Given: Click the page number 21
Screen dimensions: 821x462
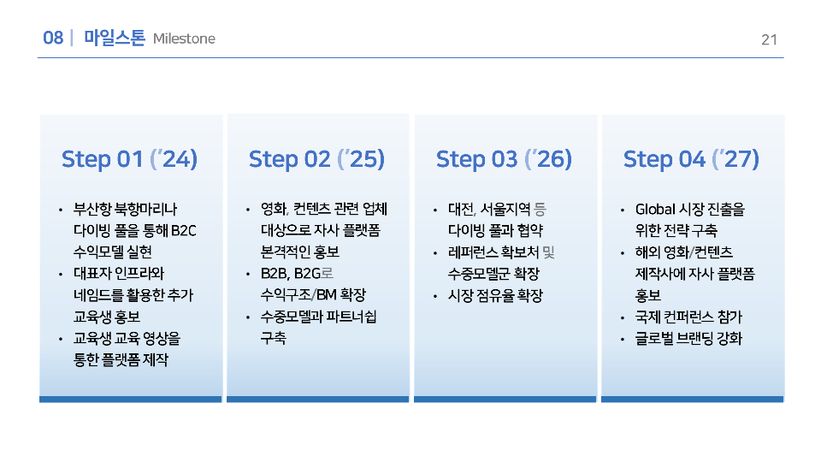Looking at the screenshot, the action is (769, 40).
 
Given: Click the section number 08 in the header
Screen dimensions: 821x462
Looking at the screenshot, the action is (53, 38).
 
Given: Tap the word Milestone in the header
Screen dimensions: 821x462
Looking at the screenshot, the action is (184, 38).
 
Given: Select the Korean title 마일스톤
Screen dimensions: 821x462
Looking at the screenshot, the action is (114, 38).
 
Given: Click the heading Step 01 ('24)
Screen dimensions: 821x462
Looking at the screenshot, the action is (129, 159).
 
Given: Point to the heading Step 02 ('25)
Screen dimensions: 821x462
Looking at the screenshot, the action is (316, 159).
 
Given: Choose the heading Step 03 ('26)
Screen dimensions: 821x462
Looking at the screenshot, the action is (505, 159).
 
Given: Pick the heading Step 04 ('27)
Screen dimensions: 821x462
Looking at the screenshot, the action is (691, 159).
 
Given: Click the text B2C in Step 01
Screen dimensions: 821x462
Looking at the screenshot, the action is (183, 230).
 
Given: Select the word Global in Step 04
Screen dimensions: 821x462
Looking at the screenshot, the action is (655, 209).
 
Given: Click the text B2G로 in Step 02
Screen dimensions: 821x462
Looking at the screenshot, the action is (314, 274).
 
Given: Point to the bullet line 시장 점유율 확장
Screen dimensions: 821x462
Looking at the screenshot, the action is (495, 295).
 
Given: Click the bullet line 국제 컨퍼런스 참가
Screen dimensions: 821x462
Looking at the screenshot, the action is (688, 317).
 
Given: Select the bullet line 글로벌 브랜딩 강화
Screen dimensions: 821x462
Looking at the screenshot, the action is (688, 339).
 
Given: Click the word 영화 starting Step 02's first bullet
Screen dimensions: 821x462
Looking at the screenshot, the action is (274, 209).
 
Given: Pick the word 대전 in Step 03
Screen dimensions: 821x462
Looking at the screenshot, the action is (461, 209).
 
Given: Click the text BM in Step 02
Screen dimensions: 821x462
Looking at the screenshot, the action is (326, 295).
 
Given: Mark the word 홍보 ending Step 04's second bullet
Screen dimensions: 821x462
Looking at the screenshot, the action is (648, 295).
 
